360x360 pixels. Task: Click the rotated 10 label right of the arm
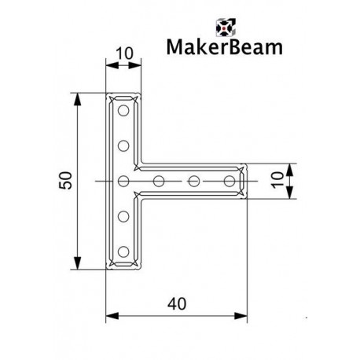point(276,181)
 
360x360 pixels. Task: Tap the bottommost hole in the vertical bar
point(123,252)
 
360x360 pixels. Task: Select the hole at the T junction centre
point(123,182)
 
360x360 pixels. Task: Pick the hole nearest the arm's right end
point(229,182)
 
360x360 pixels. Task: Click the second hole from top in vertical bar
point(123,145)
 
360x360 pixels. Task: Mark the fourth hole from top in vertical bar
point(123,217)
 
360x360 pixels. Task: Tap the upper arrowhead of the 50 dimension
point(77,98)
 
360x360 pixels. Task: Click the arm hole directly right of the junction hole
point(159,182)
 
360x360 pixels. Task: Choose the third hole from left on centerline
point(193,182)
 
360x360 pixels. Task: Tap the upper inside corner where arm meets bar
point(141,166)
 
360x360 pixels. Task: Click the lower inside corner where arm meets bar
point(141,197)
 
